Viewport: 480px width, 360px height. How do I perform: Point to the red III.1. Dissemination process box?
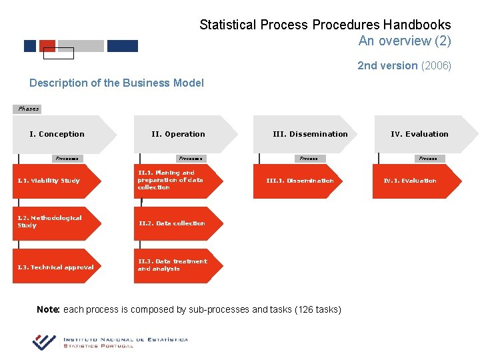click(x=300, y=181)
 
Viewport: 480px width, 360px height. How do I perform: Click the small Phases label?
click(x=28, y=109)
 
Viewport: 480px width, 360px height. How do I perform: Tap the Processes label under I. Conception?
click(x=67, y=159)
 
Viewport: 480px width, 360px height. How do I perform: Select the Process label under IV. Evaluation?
click(x=428, y=159)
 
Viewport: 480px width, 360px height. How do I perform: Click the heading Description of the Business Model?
click(x=117, y=83)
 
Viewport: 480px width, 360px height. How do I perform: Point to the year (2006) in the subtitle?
click(x=436, y=65)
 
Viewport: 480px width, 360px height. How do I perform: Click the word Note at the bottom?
click(x=48, y=309)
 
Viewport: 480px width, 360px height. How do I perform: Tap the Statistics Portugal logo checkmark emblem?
click(x=44, y=341)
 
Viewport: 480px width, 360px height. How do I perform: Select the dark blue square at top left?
click(x=30, y=46)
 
